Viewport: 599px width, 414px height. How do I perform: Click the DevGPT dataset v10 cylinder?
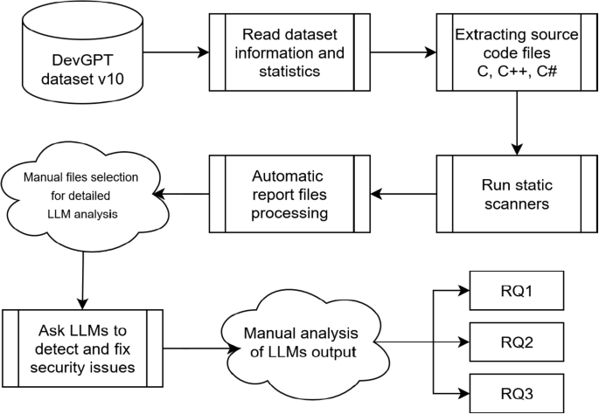82,52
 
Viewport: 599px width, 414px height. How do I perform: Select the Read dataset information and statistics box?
289,52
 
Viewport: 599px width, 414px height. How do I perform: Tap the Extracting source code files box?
517,52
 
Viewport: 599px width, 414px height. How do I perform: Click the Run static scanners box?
517,194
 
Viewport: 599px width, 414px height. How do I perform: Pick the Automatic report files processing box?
289,194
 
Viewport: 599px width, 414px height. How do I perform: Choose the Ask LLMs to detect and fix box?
82,348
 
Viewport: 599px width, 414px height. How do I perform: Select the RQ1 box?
517,290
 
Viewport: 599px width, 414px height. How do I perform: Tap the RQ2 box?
517,342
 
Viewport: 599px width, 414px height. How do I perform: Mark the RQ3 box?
517,393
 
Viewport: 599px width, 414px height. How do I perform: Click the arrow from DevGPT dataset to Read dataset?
176,52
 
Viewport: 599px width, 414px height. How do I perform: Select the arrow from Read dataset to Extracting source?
403,52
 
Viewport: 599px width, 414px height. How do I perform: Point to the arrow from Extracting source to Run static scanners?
517,123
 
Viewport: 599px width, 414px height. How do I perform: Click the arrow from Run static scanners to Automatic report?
403,194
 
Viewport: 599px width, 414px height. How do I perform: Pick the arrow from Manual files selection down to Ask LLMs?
82,281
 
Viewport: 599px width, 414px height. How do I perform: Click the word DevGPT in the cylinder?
82,60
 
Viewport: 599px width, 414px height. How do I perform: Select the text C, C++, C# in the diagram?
517,71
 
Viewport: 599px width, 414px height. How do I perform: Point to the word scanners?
517,204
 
